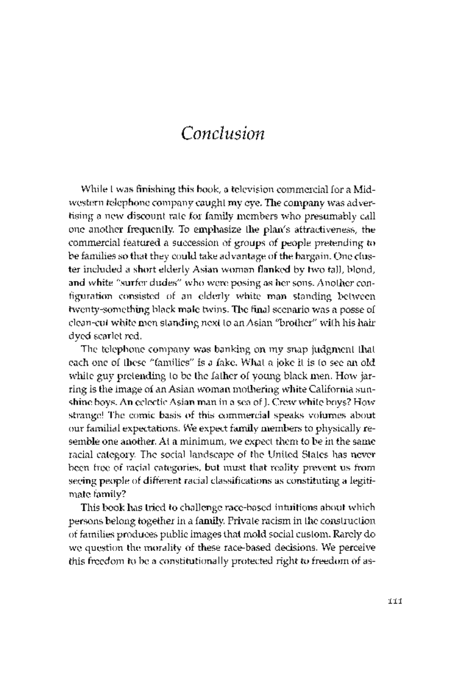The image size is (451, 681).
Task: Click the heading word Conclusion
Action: click(x=223, y=133)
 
